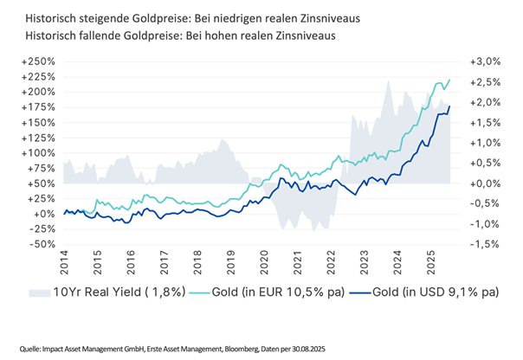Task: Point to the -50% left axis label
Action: pyautogui.click(x=41, y=244)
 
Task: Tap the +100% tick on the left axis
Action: pyautogui.click(x=38, y=152)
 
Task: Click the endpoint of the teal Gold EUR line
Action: pyautogui.click(x=450, y=80)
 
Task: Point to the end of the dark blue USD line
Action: pyautogui.click(x=450, y=106)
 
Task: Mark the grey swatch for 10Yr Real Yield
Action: pyautogui.click(x=41, y=292)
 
